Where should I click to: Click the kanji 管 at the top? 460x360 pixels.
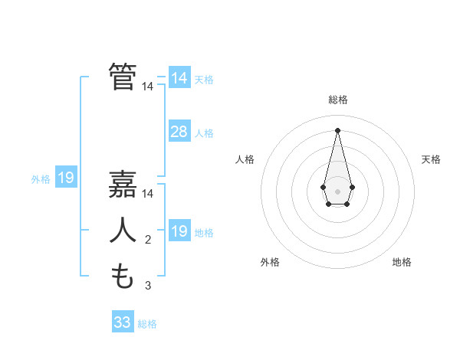(123, 77)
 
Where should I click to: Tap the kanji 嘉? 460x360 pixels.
(123, 185)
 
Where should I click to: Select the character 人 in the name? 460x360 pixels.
(123, 230)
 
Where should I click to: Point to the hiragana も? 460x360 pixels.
(123, 276)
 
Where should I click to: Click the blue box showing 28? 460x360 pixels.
(179, 132)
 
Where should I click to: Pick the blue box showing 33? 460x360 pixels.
(123, 322)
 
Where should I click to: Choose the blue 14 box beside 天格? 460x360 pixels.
(179, 78)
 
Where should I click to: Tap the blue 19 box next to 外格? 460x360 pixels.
(66, 178)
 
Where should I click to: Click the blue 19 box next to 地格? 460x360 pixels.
(179, 231)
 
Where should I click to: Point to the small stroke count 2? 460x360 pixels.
(148, 241)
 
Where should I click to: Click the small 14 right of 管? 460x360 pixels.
(148, 87)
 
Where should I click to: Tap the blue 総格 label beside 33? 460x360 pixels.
(147, 324)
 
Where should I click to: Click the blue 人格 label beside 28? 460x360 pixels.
(204, 133)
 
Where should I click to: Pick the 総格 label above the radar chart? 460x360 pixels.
(337, 100)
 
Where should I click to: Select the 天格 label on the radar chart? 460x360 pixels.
(432, 159)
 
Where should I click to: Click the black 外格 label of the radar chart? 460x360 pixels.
(270, 262)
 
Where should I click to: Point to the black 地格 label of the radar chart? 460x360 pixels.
(402, 262)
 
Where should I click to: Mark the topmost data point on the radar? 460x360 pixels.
(337, 129)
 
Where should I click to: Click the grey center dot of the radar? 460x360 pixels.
(337, 190)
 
